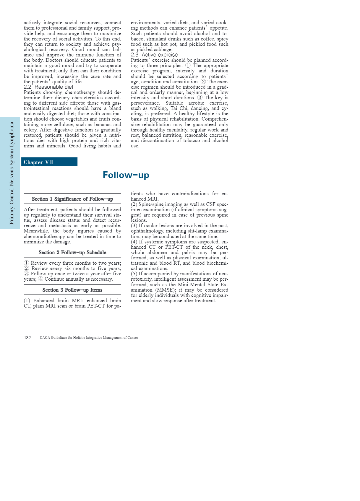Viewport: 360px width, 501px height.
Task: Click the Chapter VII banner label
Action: coord(38,162)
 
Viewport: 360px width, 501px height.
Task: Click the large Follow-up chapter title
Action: coord(126,175)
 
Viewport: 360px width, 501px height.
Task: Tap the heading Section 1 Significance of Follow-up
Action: coord(72,199)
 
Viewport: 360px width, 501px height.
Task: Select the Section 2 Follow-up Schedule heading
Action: coord(72,253)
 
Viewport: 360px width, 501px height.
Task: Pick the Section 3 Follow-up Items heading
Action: coord(72,290)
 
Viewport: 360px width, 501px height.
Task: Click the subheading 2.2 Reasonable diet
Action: coord(48,87)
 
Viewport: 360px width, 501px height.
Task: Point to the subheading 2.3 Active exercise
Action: coord(154,55)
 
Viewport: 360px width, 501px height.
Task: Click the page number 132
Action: coord(27,338)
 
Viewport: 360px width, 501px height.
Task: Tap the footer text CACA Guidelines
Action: coord(89,338)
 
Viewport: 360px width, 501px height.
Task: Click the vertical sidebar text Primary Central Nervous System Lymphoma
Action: coord(12,173)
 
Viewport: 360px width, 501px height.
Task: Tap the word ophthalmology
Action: coord(147,231)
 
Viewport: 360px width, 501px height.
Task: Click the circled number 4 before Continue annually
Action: coord(41,279)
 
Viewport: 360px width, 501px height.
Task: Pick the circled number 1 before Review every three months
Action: coord(26,263)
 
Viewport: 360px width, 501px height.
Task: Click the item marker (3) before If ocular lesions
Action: coord(134,226)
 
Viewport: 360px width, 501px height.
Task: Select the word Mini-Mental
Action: coord(191,285)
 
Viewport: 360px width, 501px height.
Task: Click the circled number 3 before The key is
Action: coord(200,98)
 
